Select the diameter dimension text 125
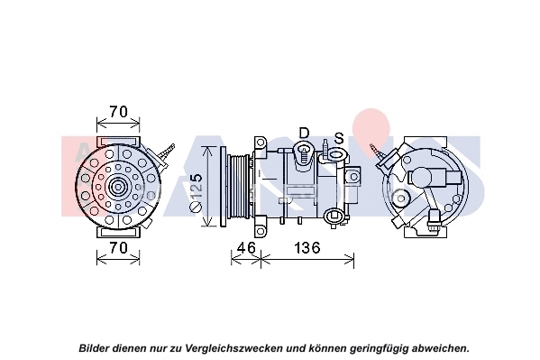197,191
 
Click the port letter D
304,133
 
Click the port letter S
338,138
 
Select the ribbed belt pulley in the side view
239,189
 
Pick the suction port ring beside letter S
335,155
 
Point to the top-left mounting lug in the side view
260,144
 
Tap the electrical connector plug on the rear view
436,218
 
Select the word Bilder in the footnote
96,346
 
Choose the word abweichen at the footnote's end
438,346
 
